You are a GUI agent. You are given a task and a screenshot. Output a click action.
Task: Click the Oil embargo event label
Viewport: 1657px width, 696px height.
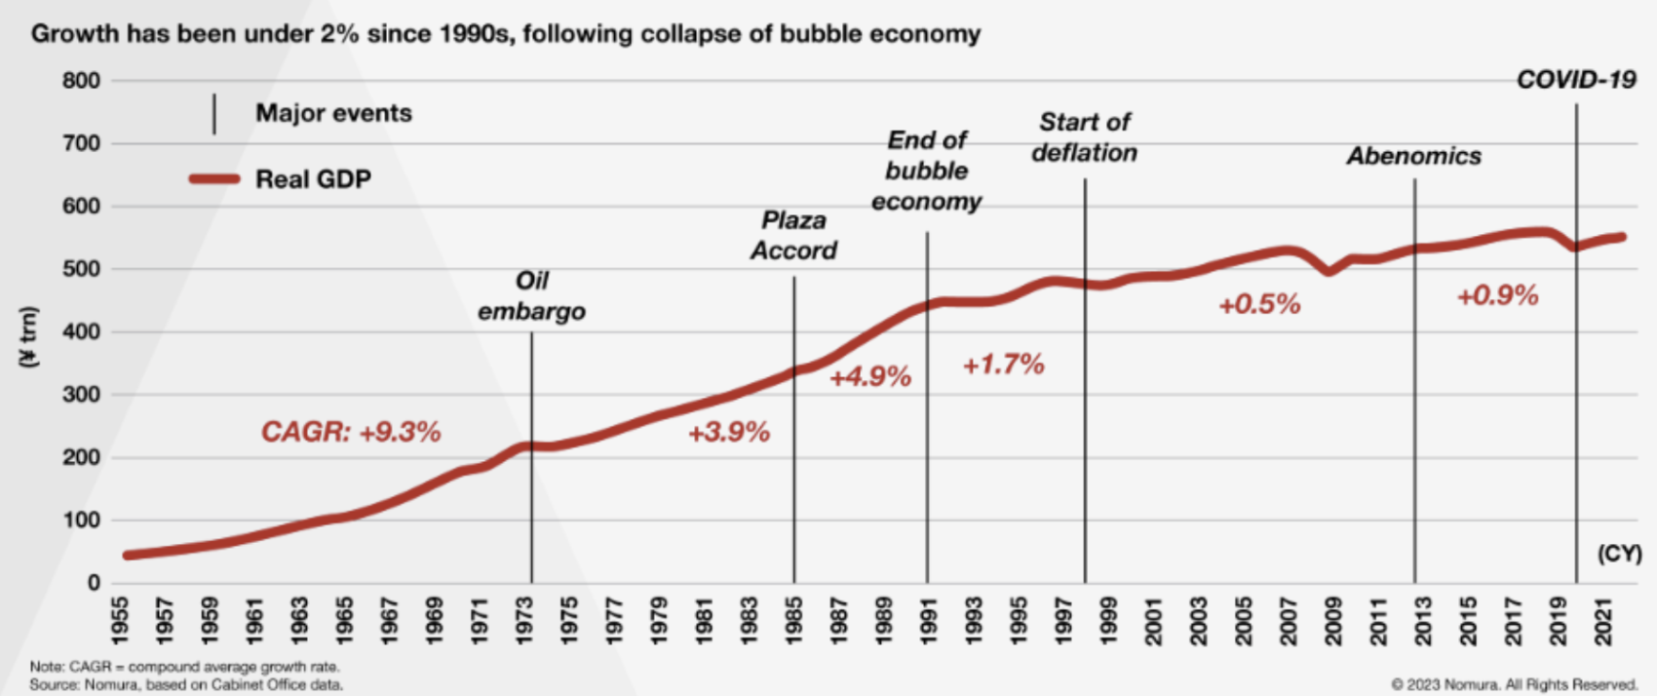(x=531, y=296)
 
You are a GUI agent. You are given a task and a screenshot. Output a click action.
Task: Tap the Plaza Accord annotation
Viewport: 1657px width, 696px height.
(x=793, y=236)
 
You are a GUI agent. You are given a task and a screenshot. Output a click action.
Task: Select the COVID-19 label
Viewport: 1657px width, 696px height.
(x=1575, y=80)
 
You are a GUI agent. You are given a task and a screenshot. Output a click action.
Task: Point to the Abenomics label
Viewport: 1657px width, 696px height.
(x=1413, y=156)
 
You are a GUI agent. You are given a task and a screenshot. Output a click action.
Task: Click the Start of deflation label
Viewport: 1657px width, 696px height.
(x=1084, y=137)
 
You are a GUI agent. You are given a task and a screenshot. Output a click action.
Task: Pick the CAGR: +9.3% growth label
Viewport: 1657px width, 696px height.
(x=351, y=431)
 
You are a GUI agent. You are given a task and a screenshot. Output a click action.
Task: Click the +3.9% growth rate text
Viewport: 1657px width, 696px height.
(x=729, y=432)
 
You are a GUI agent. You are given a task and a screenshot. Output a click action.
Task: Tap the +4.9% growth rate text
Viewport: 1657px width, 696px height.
(x=870, y=376)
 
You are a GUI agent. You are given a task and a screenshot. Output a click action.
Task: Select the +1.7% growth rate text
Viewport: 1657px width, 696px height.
(x=1003, y=365)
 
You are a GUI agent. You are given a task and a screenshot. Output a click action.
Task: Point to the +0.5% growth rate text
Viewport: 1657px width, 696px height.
(x=1259, y=304)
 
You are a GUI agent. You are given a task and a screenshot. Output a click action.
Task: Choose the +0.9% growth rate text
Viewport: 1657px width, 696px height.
(x=1497, y=295)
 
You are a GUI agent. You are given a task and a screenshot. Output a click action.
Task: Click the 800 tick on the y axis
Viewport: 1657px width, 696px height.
(x=81, y=81)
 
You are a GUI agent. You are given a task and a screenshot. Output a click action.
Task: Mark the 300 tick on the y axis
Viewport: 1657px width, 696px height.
(x=81, y=395)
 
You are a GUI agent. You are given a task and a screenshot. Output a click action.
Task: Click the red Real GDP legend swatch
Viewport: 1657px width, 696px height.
(x=214, y=179)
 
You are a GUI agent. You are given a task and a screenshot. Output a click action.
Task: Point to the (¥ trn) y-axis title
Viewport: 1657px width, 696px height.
(x=29, y=337)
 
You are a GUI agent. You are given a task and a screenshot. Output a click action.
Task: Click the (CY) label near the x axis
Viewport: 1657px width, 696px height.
(x=1619, y=554)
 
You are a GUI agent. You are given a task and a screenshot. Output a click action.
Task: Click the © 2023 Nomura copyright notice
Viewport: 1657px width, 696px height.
(x=1514, y=684)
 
